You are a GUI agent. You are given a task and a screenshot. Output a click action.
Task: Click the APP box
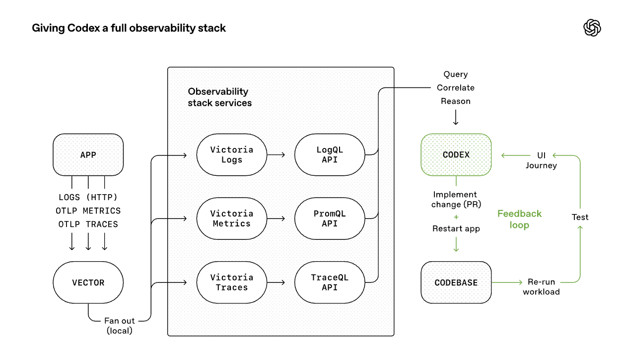pyautogui.click(x=88, y=154)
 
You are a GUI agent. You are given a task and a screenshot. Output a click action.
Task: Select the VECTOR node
pyautogui.click(x=88, y=283)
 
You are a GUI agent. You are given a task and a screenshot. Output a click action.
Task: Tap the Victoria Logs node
pyautogui.click(x=231, y=154)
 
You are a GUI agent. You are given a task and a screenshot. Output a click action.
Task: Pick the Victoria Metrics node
pyautogui.click(x=231, y=218)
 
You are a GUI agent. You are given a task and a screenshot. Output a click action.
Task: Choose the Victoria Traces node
pyautogui.click(x=231, y=283)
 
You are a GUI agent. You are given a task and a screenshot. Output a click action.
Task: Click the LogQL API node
pyautogui.click(x=330, y=154)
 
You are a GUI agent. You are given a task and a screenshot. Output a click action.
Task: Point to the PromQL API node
pyautogui.click(x=330, y=218)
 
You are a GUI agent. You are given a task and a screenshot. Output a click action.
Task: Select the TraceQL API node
pyautogui.click(x=330, y=283)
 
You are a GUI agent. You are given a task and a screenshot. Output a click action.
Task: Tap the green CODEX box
pyautogui.click(x=456, y=154)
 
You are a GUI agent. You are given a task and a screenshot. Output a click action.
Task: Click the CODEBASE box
pyautogui.click(x=456, y=283)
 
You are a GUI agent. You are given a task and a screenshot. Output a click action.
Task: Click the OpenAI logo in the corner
pyautogui.click(x=592, y=28)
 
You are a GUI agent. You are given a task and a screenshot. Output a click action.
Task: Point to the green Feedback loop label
pyautogui.click(x=519, y=219)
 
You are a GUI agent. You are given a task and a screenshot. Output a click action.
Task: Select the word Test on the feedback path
pyautogui.click(x=580, y=217)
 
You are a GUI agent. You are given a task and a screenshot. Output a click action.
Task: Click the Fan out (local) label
pyautogui.click(x=120, y=326)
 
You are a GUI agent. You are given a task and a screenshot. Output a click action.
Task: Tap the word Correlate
pyautogui.click(x=455, y=88)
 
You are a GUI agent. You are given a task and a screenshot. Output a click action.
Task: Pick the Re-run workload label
pyautogui.click(x=541, y=287)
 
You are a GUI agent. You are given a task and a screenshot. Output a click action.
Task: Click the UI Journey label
pyautogui.click(x=541, y=160)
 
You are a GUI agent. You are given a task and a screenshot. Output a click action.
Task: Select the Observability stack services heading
pyautogui.click(x=219, y=97)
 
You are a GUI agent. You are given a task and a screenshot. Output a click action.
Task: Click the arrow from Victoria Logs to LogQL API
pyautogui.click(x=276, y=155)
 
